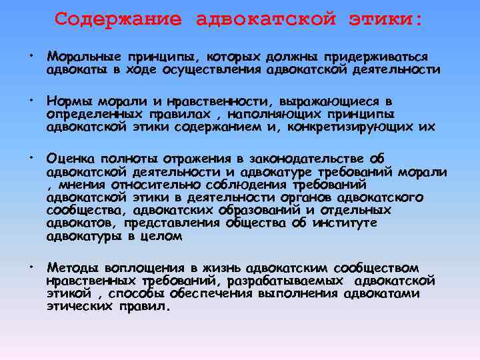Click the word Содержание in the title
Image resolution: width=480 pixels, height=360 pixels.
point(117,19)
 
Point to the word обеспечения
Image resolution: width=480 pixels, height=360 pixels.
point(210,293)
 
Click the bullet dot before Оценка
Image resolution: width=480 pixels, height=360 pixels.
point(31,156)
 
